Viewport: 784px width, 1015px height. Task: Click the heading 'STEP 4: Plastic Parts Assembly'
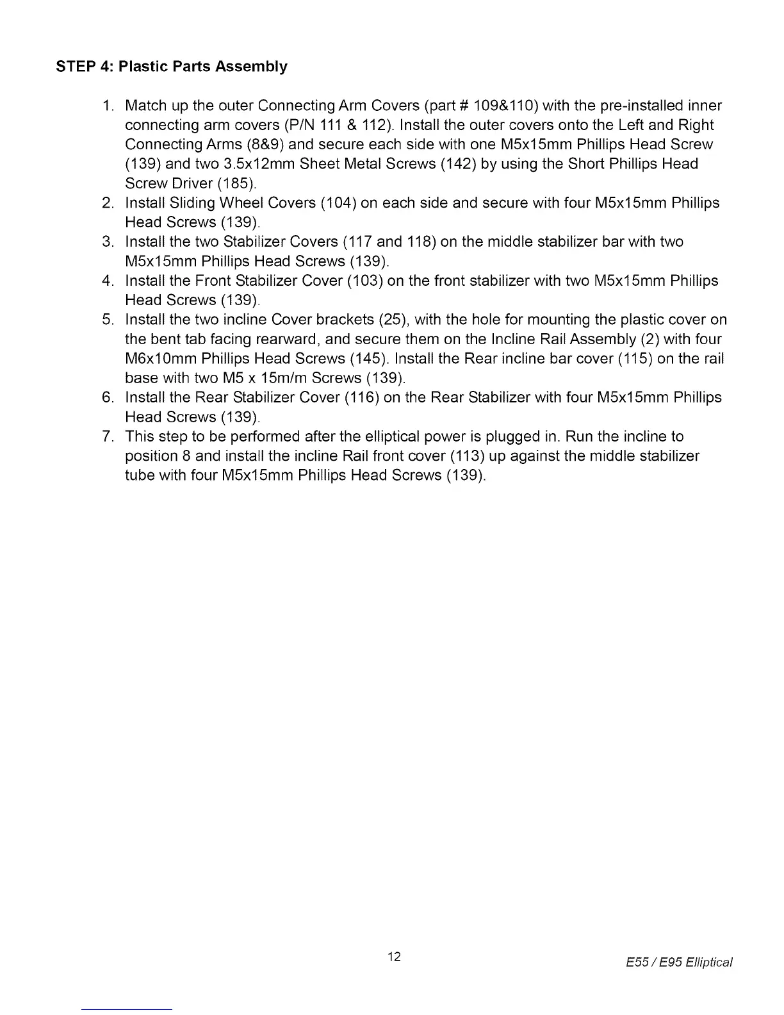pyautogui.click(x=172, y=67)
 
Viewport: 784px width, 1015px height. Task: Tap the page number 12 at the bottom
pyautogui.click(x=395, y=957)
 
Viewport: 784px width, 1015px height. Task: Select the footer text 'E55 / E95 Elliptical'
pyautogui.click(x=679, y=962)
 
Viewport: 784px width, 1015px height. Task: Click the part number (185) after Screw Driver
pyautogui.click(x=237, y=184)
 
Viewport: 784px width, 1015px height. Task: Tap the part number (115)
pyautogui.click(x=635, y=359)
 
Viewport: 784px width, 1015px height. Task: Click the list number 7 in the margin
pyautogui.click(x=108, y=437)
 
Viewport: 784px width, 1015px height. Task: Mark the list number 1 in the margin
pyautogui.click(x=108, y=106)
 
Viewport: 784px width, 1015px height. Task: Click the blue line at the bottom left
pyautogui.click(x=127, y=1009)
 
